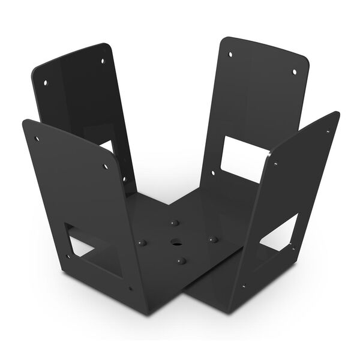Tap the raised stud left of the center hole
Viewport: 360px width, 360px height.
pyautogui.click(x=143, y=242)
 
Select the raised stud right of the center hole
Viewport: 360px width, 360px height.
pyautogui.click(x=212, y=239)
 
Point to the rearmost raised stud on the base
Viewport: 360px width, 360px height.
pyautogui.click(x=174, y=223)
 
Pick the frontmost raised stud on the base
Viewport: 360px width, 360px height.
pyautogui.click(x=181, y=261)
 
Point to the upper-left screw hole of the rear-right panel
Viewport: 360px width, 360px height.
pyautogui.click(x=230, y=55)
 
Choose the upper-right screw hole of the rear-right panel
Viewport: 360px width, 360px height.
pyautogui.click(x=295, y=73)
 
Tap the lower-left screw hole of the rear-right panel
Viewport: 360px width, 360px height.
pyautogui.click(x=213, y=172)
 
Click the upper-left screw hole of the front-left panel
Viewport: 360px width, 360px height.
pyautogui.click(x=37, y=139)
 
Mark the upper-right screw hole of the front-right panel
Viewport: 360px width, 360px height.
pyautogui.click(x=328, y=131)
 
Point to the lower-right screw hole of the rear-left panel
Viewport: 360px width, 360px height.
pyautogui.click(x=124, y=178)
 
